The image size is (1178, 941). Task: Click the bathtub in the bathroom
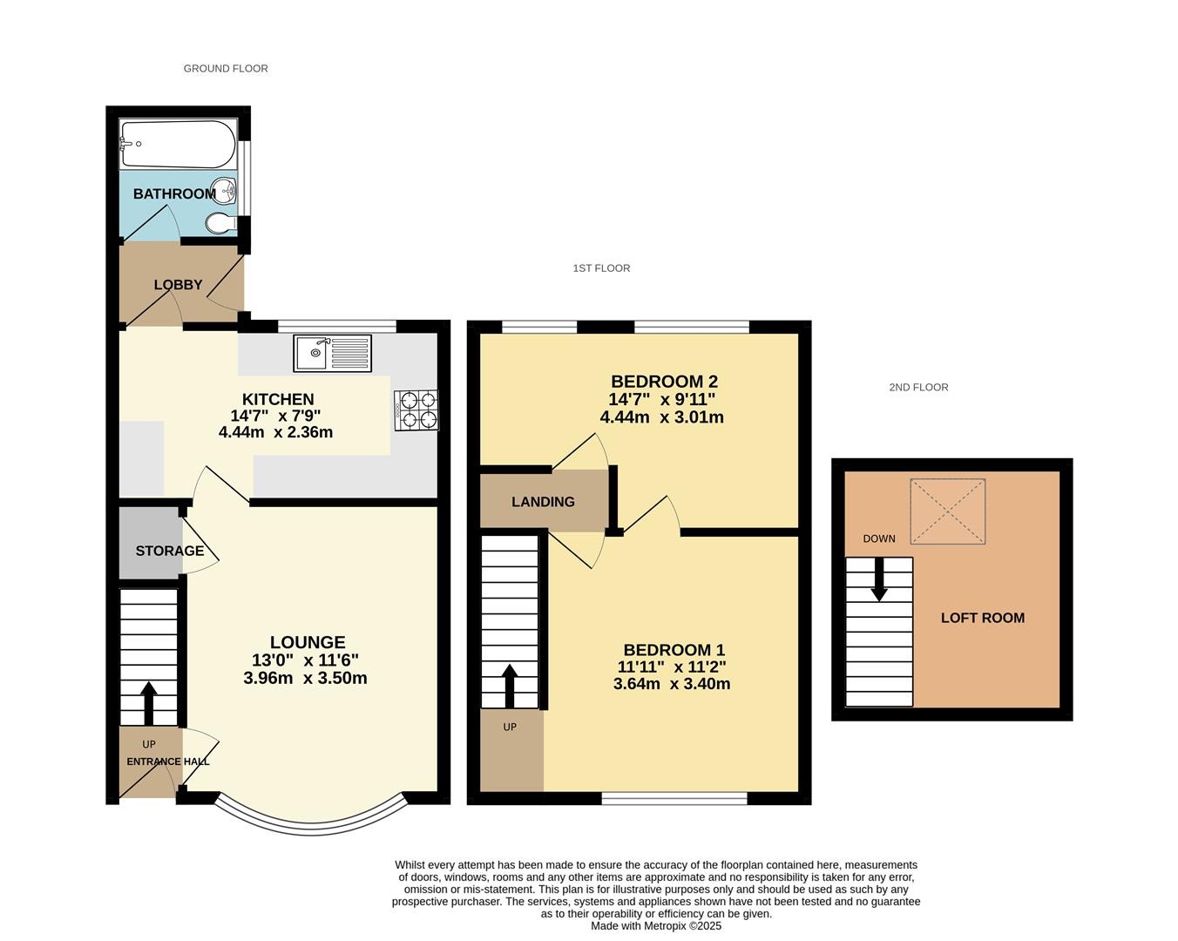click(178, 144)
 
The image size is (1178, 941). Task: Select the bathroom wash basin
click(227, 191)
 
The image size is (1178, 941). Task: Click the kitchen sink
click(332, 354)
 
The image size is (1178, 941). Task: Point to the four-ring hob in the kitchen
click(416, 410)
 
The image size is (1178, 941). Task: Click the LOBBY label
click(178, 285)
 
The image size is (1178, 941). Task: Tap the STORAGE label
click(170, 551)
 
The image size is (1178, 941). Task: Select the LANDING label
click(543, 501)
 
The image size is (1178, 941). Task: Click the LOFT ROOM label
click(983, 618)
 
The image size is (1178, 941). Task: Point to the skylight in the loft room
click(948, 511)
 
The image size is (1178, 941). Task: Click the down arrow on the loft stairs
click(879, 579)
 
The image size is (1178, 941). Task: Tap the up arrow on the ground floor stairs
click(148, 703)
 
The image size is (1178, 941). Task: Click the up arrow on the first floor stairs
click(510, 686)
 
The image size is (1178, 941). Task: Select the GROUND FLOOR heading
click(226, 69)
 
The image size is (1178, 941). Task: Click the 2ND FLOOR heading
click(918, 387)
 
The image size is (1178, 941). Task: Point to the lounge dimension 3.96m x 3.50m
click(305, 678)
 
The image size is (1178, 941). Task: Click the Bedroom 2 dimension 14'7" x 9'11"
click(662, 399)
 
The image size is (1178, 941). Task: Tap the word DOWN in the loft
click(879, 538)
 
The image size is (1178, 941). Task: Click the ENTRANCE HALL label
click(168, 762)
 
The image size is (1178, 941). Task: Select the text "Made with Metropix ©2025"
click(656, 926)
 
